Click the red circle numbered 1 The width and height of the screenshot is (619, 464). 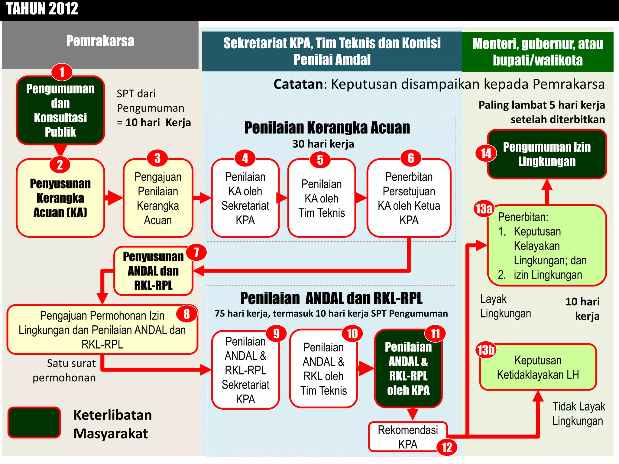click(x=62, y=72)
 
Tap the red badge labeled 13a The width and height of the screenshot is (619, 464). click(x=484, y=208)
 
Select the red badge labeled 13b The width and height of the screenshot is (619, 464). click(x=486, y=350)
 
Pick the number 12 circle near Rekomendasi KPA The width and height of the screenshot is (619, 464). click(x=447, y=447)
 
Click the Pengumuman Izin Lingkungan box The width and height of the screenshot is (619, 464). click(x=547, y=154)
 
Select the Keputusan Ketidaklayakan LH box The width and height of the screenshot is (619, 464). click(x=538, y=367)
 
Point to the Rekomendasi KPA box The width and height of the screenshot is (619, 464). click(x=407, y=437)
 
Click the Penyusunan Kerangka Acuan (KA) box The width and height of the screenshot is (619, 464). click(x=60, y=198)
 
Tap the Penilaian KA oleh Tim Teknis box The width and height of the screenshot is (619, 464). click(x=321, y=198)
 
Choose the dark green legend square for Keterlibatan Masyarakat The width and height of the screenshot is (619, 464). click(x=34, y=422)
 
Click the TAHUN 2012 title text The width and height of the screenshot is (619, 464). click(x=42, y=8)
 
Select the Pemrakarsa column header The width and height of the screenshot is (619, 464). click(x=100, y=41)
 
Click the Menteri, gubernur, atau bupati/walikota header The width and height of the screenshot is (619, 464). click(x=537, y=52)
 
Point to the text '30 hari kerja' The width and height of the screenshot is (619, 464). click(x=323, y=144)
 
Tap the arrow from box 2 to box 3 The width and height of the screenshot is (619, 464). click(x=114, y=198)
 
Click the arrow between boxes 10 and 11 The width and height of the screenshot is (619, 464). click(x=366, y=369)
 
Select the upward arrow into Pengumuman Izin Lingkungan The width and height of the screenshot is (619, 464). click(x=547, y=191)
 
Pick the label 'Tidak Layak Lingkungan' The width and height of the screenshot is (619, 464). click(x=578, y=414)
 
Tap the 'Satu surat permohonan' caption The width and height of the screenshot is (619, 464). click(x=64, y=370)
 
